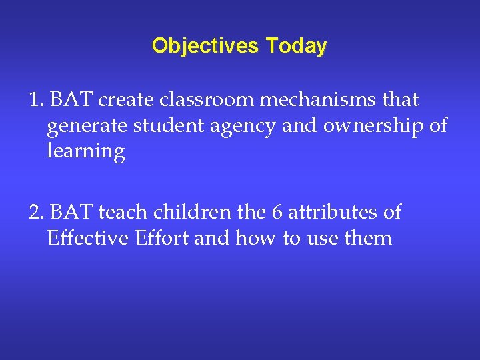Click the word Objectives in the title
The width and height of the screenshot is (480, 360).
[x=206, y=46]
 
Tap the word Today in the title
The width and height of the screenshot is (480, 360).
[x=297, y=46]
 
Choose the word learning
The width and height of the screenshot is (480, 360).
[x=86, y=152]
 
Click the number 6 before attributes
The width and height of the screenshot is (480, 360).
[x=277, y=213]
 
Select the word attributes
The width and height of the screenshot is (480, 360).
[x=335, y=213]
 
